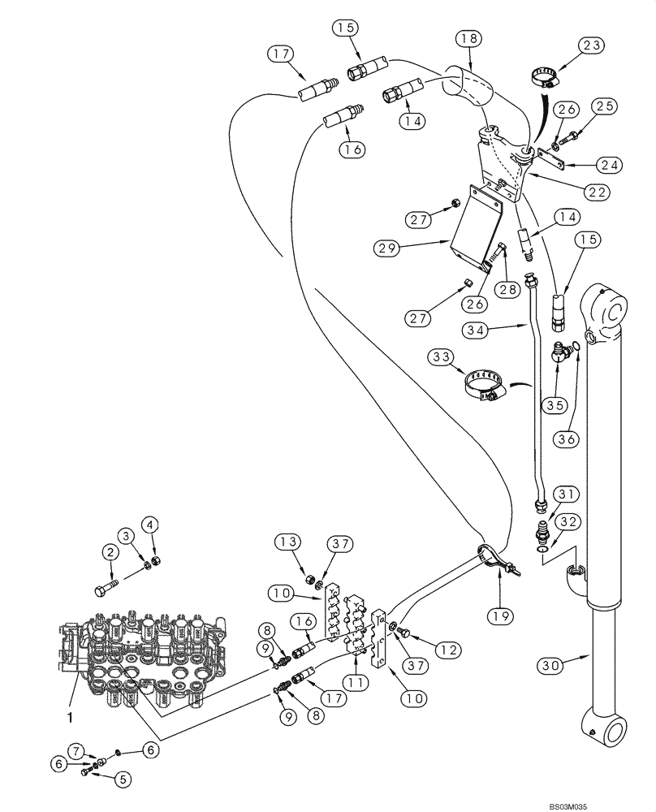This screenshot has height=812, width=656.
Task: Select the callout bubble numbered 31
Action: pos(566,495)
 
